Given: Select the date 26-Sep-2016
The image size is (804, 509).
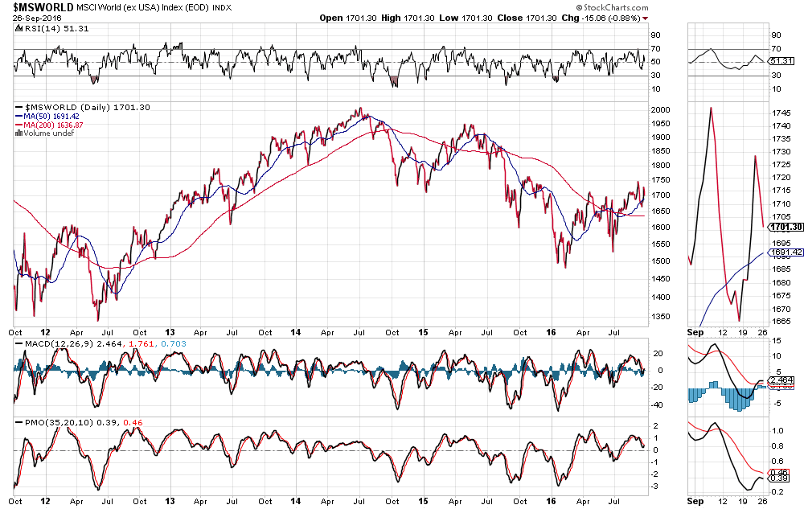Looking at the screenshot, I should (33, 18).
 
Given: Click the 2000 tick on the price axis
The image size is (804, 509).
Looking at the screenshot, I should (660, 109).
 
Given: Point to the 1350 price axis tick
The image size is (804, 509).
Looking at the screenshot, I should (660, 316).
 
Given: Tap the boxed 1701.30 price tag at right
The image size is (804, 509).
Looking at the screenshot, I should (786, 227).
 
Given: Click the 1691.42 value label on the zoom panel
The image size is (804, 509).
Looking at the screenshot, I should (786, 252).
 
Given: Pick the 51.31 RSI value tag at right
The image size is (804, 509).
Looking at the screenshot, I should (782, 60).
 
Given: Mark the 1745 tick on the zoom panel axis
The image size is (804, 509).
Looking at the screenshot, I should (780, 113).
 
